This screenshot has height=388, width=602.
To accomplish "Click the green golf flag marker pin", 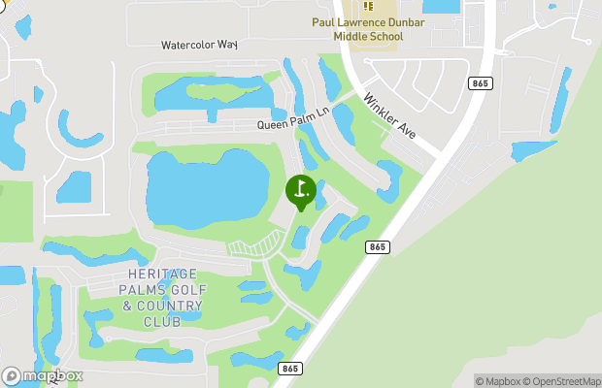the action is coord(300,189).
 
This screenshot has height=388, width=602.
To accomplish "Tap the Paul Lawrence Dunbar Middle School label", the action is coord(355,29).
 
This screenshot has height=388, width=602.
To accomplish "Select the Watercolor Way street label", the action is coord(199,45).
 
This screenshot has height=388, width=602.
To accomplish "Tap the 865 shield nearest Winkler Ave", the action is coord(480,84).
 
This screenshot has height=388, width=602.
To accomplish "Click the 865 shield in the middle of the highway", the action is coord(379,248).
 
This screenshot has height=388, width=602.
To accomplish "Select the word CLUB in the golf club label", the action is coord(160,321).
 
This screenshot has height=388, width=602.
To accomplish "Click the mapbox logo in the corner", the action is coord(43,376).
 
